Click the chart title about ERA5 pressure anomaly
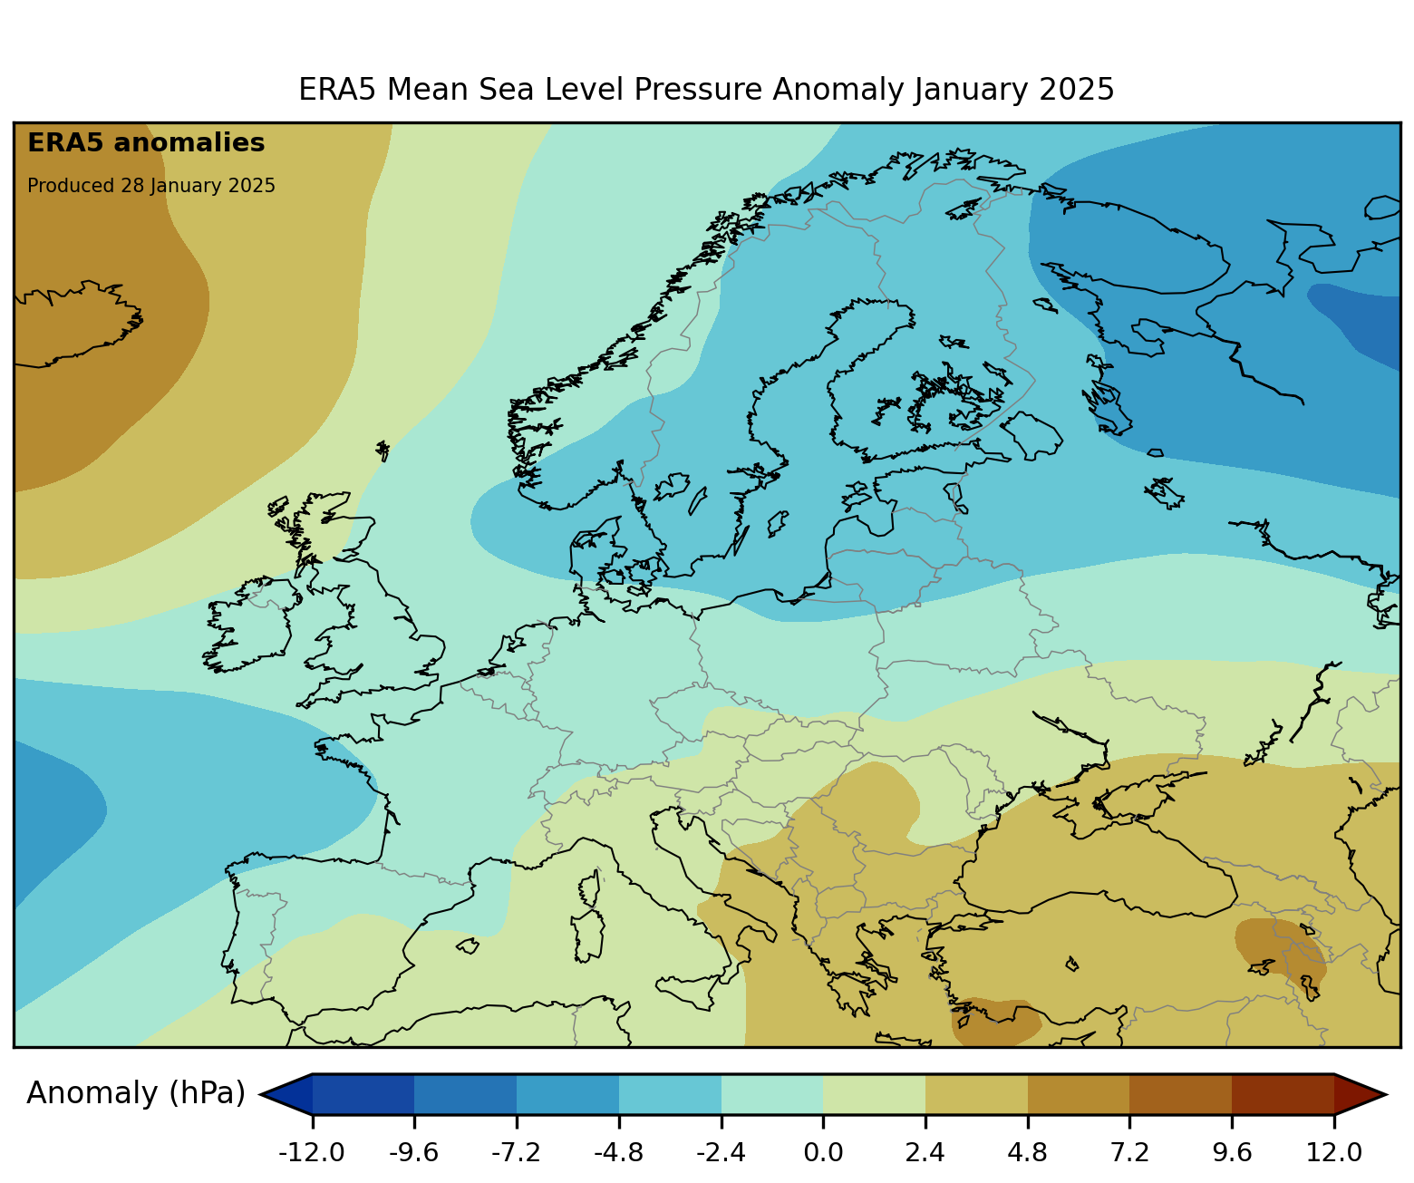pyautogui.click(x=706, y=90)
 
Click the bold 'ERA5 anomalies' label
pyautogui.click(x=146, y=143)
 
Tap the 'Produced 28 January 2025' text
pyautogui.click(x=151, y=186)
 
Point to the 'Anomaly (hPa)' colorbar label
pyautogui.click(x=136, y=1093)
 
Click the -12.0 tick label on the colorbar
pyautogui.click(x=312, y=1152)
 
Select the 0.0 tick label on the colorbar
pyautogui.click(x=823, y=1152)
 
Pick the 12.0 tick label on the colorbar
pyautogui.click(x=1333, y=1152)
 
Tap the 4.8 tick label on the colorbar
pyautogui.click(x=1027, y=1152)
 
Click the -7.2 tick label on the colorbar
pyautogui.click(x=516, y=1152)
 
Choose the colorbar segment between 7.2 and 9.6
pyautogui.click(x=1180, y=1094)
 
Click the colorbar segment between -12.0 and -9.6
pyautogui.click(x=363, y=1094)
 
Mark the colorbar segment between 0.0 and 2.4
pyautogui.click(x=874, y=1094)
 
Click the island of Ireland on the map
pyautogui.click(x=249, y=625)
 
